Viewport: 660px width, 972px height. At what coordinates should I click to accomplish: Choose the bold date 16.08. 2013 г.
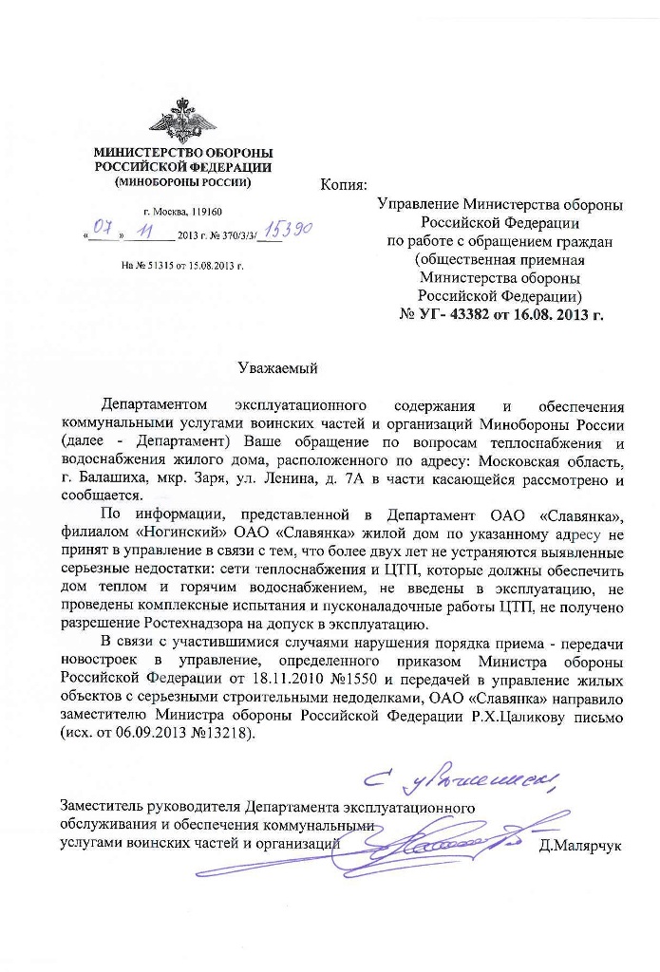554,312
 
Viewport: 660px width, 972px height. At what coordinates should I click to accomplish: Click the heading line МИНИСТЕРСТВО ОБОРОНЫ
182,153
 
